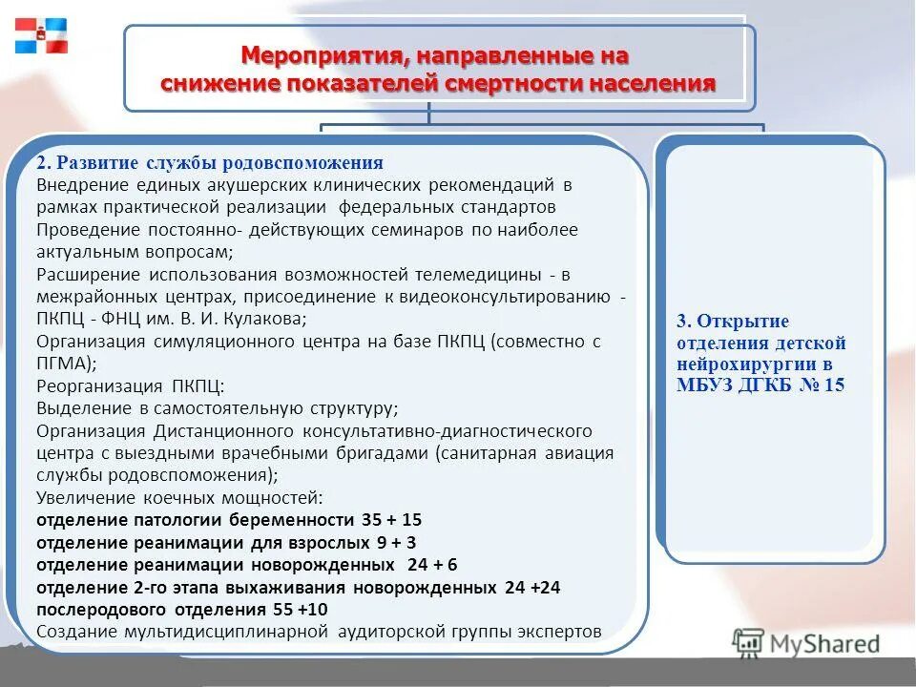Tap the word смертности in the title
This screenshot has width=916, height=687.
point(511,84)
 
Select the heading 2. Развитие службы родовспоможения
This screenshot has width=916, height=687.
point(210,162)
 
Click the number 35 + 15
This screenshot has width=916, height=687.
point(391,520)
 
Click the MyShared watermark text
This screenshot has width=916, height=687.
point(822,644)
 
